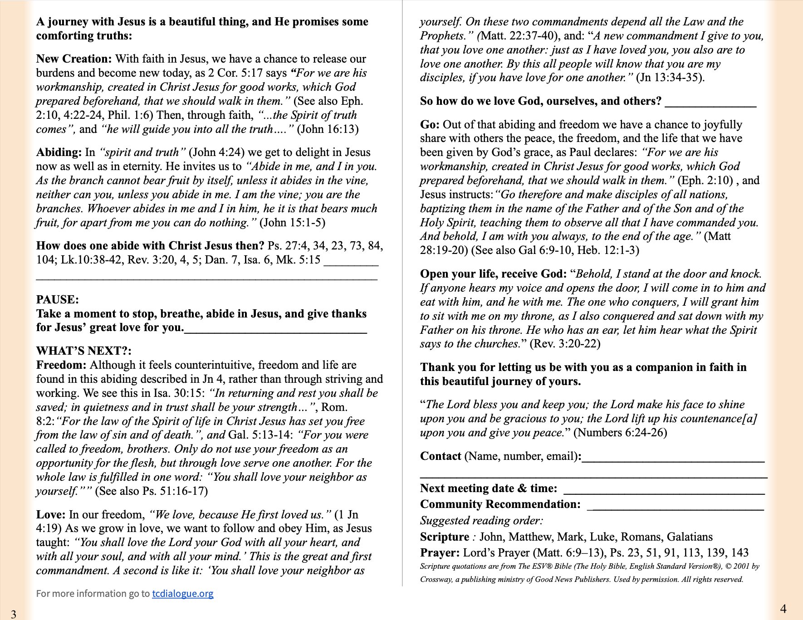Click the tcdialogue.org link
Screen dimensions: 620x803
(x=182, y=593)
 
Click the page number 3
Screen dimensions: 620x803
(x=14, y=614)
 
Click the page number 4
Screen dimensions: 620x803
(x=783, y=609)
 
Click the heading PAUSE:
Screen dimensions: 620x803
(x=58, y=300)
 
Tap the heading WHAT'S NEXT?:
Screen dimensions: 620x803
(x=84, y=351)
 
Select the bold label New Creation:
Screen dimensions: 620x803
(x=74, y=59)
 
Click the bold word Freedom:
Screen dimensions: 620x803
(x=61, y=365)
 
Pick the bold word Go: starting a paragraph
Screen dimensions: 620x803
(x=430, y=125)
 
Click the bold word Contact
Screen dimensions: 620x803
(x=441, y=456)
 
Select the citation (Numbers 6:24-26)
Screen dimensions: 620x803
(x=620, y=433)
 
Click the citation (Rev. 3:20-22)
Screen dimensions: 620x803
(x=565, y=344)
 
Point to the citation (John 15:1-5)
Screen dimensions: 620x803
(x=292, y=223)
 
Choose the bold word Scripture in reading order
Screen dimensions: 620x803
(x=444, y=537)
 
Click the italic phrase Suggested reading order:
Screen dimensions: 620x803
(x=481, y=521)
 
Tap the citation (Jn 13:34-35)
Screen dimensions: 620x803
(x=670, y=78)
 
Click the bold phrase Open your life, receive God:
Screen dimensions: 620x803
(x=493, y=274)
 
